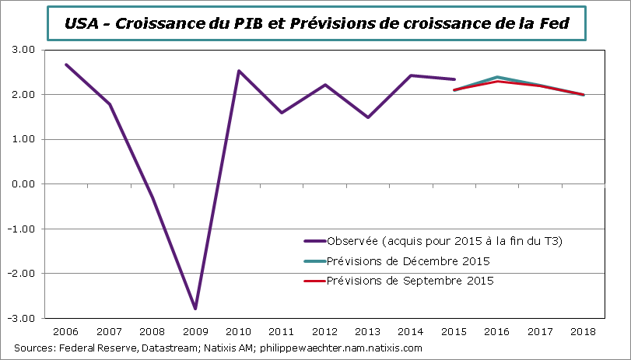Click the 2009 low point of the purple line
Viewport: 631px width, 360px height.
coord(195,309)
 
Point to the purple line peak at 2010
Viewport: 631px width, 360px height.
coord(239,71)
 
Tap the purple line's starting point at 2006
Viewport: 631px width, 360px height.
coord(66,65)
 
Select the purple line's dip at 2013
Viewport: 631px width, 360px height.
coord(368,117)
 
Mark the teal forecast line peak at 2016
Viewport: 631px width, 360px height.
coord(497,77)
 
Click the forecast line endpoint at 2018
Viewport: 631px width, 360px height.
coord(584,95)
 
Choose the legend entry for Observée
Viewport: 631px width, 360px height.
coord(444,241)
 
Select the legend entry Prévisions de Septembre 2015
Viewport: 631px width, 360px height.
coord(410,280)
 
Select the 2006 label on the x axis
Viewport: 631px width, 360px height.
coord(66,332)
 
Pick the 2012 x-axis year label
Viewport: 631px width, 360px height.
coord(324,332)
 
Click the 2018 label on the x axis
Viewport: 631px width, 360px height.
coord(584,332)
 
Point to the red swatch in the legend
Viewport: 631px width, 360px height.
coord(313,280)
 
